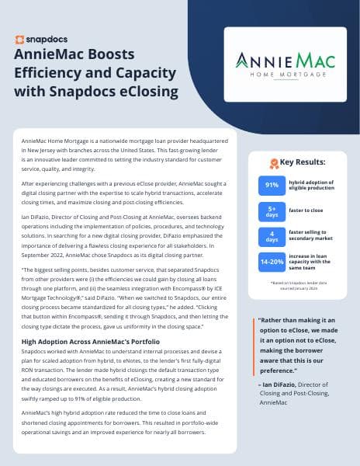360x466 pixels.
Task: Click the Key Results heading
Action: (x=299, y=163)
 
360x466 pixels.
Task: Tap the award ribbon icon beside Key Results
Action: (x=273, y=163)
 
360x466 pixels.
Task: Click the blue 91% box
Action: (x=272, y=185)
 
